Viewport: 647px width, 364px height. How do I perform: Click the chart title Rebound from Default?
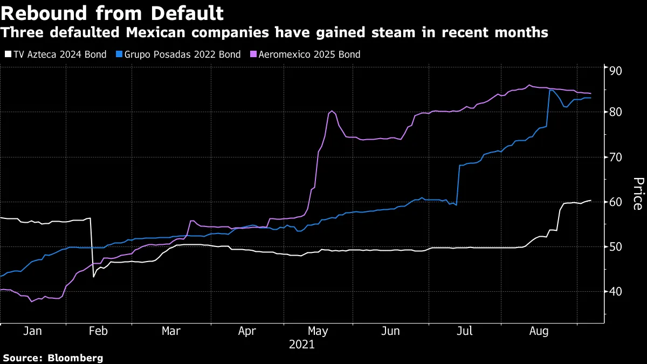[x=112, y=12]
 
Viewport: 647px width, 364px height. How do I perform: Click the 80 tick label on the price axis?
[x=616, y=112]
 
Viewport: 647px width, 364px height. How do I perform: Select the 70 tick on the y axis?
[x=616, y=157]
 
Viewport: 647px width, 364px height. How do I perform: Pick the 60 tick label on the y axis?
[x=616, y=202]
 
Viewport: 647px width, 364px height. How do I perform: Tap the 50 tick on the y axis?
[x=616, y=246]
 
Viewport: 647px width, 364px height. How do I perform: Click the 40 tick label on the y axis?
[x=616, y=291]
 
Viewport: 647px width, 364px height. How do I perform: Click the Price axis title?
[x=637, y=194]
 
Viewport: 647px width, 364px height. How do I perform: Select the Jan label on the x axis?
[x=33, y=331]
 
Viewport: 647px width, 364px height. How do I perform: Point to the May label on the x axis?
[x=317, y=331]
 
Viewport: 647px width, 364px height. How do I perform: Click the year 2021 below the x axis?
[x=301, y=345]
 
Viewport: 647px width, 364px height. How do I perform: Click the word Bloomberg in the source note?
[x=75, y=358]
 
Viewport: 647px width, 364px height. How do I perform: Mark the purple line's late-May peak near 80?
[x=332, y=111]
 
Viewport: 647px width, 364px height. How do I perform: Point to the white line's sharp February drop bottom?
[x=93, y=277]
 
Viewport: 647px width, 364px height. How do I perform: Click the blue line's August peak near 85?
[x=550, y=90]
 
